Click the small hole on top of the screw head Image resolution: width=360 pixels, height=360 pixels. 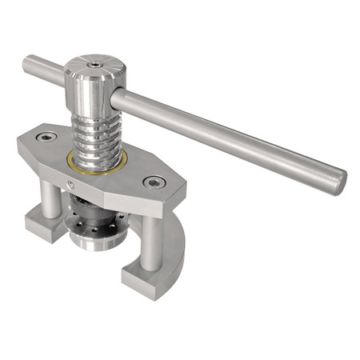tap(94, 61)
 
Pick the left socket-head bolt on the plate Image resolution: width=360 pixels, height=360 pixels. tap(49, 139)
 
